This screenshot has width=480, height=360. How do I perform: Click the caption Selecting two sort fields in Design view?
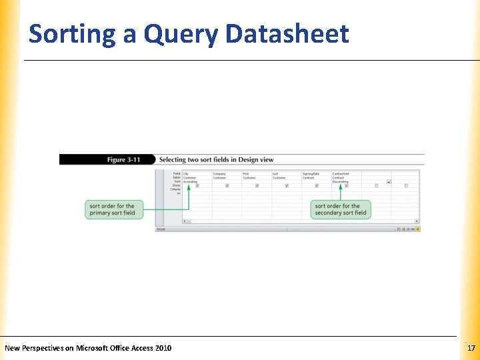[x=216, y=160]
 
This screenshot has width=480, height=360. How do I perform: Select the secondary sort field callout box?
[x=341, y=209]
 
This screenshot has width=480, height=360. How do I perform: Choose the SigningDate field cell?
[x=311, y=173]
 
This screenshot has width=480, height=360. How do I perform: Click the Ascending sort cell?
[x=191, y=181]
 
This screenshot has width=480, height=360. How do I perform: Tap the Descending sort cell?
[x=341, y=181]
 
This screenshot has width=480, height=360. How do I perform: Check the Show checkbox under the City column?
[x=197, y=186]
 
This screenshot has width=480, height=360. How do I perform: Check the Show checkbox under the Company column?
[x=227, y=186]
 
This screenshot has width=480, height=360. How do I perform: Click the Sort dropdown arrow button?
[x=389, y=181]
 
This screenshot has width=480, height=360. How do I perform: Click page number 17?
[x=471, y=348]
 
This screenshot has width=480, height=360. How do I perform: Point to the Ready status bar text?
[x=161, y=229]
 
